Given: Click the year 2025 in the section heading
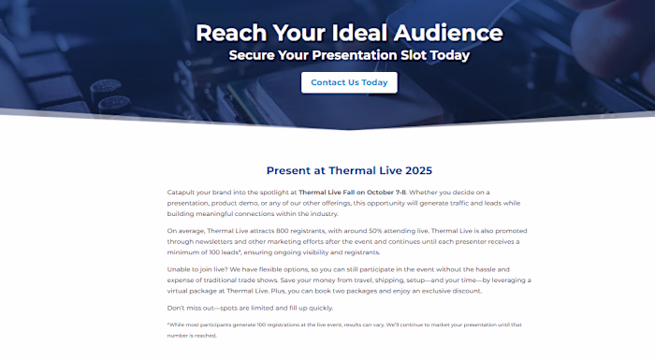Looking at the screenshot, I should (415, 170).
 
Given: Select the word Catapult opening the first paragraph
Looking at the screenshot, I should (182, 192).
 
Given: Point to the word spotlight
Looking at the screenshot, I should (276, 192).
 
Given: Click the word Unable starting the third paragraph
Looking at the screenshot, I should (181, 268).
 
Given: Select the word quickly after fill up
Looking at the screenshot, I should (315, 308).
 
